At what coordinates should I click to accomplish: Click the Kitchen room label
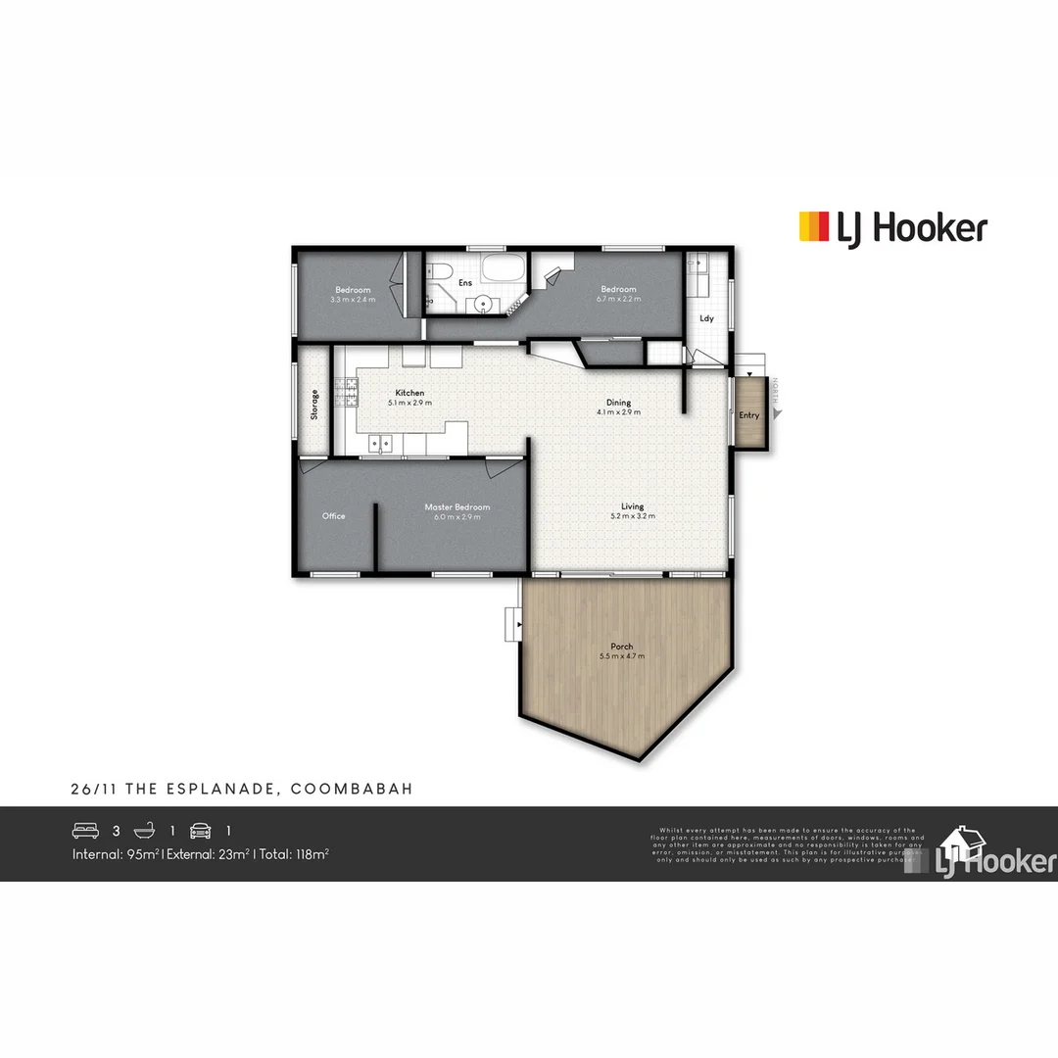pos(409,393)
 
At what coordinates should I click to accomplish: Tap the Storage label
pos(314,405)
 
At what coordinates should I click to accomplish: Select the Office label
pos(333,516)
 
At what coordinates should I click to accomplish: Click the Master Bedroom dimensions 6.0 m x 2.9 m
pos(457,517)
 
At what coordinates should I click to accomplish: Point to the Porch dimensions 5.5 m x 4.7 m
pos(621,656)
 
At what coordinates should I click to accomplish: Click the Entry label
pos(749,415)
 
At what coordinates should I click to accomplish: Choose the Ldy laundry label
pos(706,318)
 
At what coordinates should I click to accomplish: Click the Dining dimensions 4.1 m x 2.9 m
pos(618,412)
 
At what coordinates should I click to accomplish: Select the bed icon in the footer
pos(86,831)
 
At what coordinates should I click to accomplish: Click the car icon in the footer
pos(201,831)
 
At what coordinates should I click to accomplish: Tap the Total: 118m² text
pos(293,854)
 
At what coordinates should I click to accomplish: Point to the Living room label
pos(633,506)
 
